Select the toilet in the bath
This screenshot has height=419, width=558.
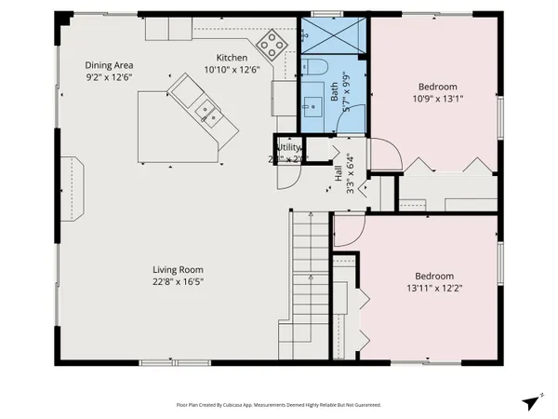314,67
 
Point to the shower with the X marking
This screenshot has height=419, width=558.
333,36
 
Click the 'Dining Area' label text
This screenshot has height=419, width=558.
110,64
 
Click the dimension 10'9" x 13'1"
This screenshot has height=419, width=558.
433,97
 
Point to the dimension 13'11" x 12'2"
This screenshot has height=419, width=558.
433,289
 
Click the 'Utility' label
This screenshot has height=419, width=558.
289,147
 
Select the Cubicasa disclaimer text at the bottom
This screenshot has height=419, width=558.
278,405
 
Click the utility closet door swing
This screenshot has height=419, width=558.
286,170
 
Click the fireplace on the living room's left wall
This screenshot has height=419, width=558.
72,186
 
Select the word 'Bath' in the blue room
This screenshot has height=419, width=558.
334,92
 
